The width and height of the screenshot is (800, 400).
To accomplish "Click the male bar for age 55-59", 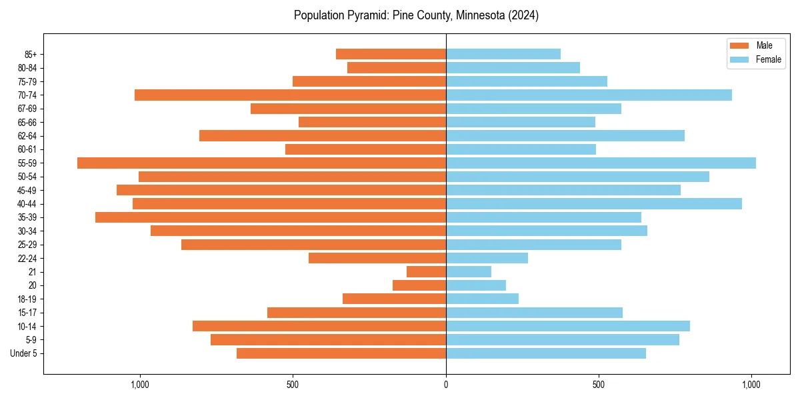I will point(261,163).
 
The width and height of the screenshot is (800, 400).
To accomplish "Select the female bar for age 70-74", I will point(589,95).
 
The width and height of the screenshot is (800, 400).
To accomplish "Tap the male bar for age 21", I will point(426,272).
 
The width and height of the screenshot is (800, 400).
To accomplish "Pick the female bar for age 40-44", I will point(593,204).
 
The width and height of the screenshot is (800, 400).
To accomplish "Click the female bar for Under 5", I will point(545,353).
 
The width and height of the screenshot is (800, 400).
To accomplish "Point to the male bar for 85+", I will point(391,55).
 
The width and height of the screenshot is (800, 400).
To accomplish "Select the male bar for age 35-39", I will point(270,217).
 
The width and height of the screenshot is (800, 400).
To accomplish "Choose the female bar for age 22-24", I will point(487,258).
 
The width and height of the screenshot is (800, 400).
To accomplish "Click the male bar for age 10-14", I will point(319,326).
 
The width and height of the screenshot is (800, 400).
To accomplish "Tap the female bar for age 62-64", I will point(565,136).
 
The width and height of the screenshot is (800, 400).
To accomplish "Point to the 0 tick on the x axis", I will point(446,385).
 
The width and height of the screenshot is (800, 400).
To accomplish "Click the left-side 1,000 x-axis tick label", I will point(140,385).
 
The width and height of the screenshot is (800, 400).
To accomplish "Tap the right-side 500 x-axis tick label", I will point(599,385).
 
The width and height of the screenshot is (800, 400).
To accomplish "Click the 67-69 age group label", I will point(27,109).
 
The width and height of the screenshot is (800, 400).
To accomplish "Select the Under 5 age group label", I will point(23,353).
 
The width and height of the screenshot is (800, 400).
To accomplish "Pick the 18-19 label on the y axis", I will point(27,299).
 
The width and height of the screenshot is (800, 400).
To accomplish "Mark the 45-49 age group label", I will point(27,191).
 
